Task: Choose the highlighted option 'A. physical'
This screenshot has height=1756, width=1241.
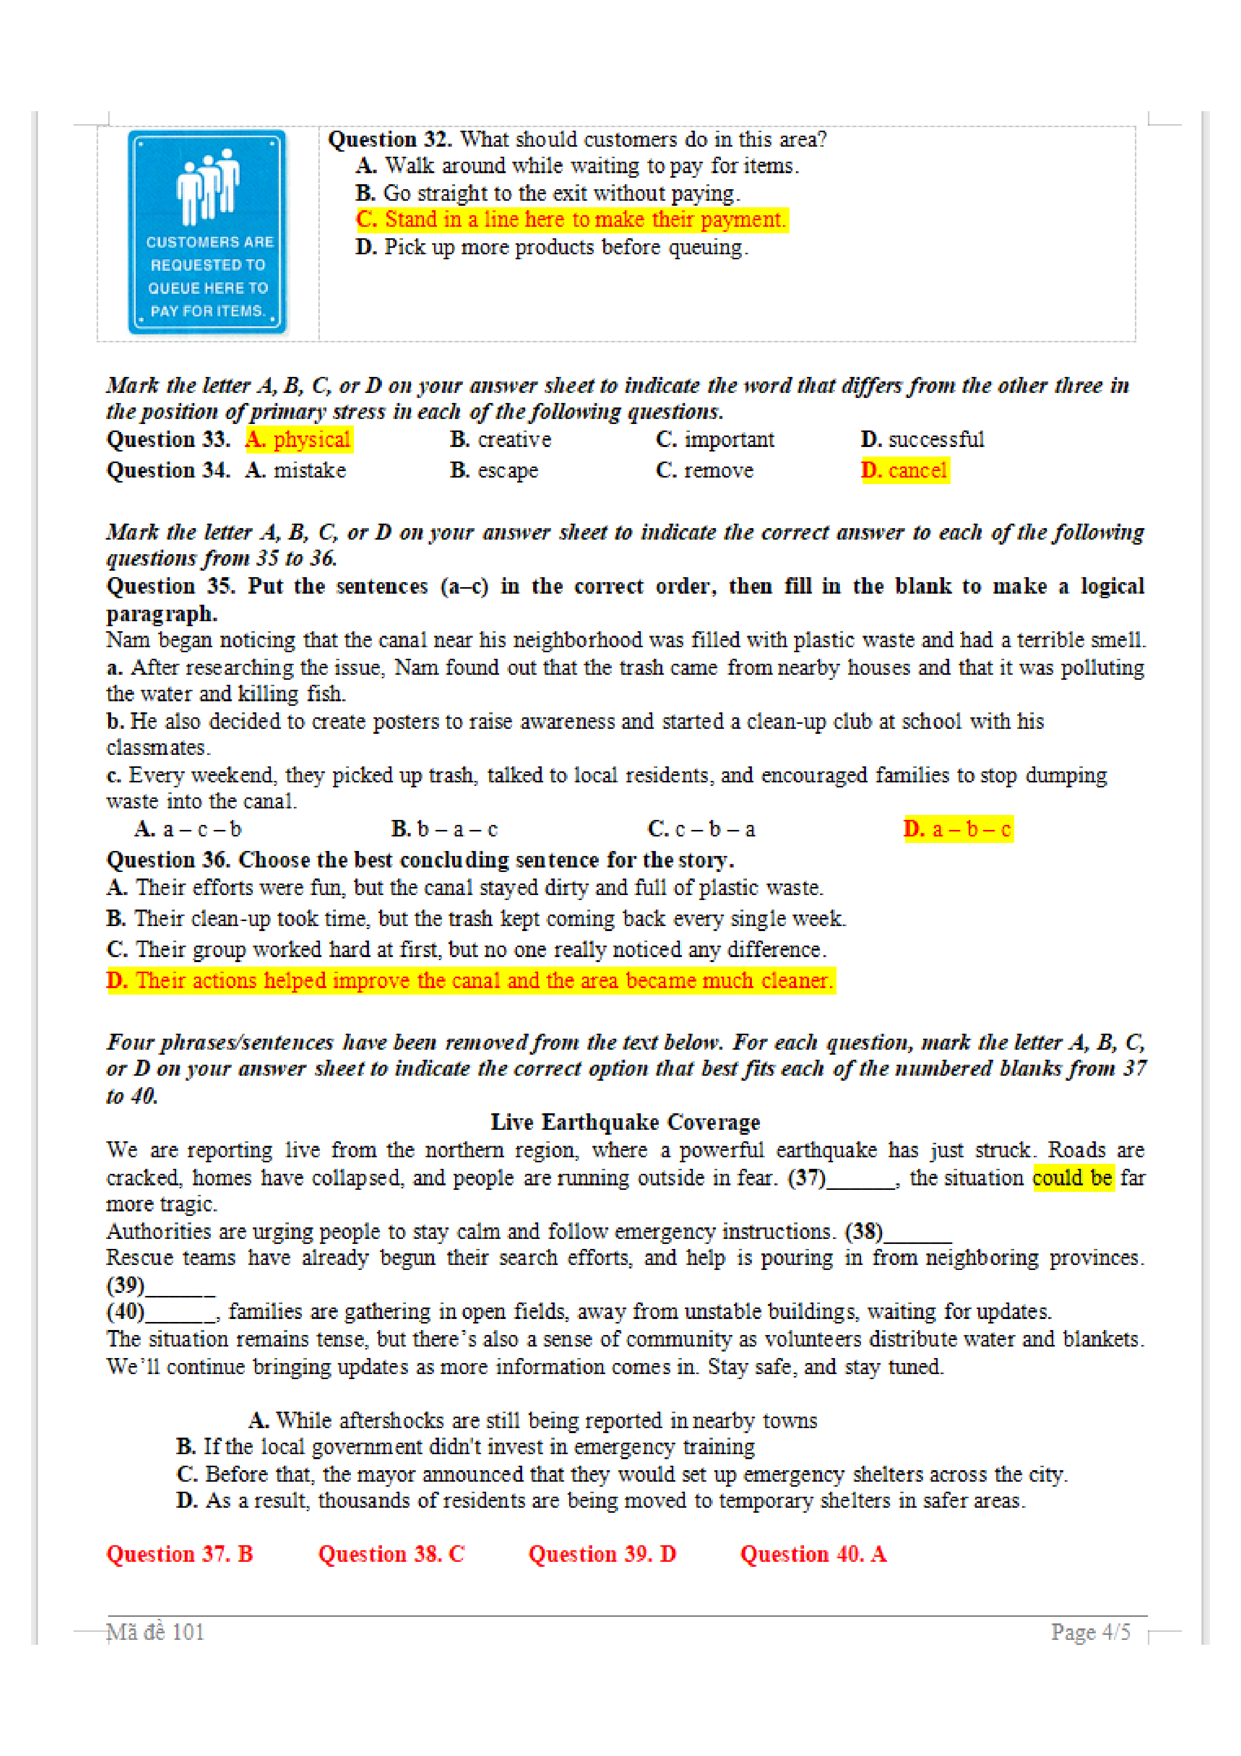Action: pyautogui.click(x=299, y=440)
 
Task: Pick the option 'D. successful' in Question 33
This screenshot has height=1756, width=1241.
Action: pyautogui.click(x=922, y=440)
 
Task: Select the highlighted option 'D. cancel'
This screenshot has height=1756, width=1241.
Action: pyautogui.click(x=905, y=471)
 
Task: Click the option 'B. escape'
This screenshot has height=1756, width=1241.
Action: pyautogui.click(x=494, y=471)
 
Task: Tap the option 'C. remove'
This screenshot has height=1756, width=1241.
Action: pyautogui.click(x=704, y=471)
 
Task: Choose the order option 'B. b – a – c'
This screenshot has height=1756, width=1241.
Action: pyautogui.click(x=444, y=829)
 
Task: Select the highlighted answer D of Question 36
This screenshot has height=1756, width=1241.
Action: pyautogui.click(x=470, y=981)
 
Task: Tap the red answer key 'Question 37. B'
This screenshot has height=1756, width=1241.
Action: pyautogui.click(x=180, y=1554)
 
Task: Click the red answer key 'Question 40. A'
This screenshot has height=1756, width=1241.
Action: pyautogui.click(x=813, y=1554)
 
